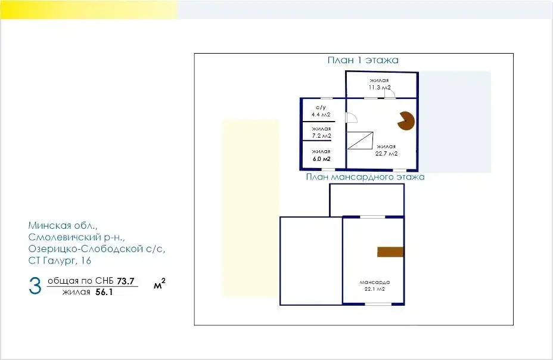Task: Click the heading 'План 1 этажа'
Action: (x=362, y=60)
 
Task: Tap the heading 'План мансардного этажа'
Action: (x=365, y=177)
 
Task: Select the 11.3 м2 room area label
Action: (x=379, y=84)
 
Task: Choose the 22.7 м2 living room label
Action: (x=386, y=150)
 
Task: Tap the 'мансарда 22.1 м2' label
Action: (x=374, y=285)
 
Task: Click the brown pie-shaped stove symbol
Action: (x=408, y=120)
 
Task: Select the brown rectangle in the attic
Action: (x=390, y=252)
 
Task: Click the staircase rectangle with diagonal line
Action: (x=360, y=141)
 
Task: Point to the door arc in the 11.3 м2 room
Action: (x=388, y=93)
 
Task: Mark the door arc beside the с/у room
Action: (x=351, y=119)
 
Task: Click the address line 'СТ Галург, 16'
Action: (x=60, y=260)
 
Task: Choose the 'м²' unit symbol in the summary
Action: (x=159, y=286)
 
